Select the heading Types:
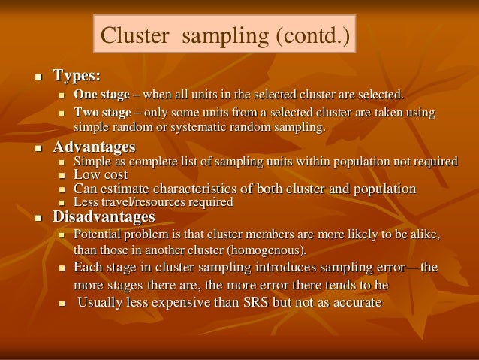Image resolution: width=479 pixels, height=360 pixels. coord(77,76)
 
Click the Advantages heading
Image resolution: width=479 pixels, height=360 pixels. coord(94,146)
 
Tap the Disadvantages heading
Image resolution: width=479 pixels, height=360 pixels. coord(103,217)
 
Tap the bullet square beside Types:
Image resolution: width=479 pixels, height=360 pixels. coord(35,77)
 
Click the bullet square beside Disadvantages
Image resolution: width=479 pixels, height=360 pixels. coord(35,218)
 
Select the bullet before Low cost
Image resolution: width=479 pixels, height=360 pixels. coord(62,176)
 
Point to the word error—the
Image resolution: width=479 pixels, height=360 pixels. coord(414,268)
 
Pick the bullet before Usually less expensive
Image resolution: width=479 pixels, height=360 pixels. coord(62,304)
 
